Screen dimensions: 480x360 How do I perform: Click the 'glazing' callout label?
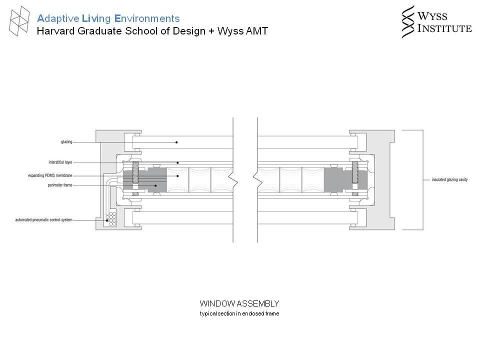(x=66, y=141)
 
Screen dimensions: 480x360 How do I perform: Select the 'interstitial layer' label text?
(x=60, y=162)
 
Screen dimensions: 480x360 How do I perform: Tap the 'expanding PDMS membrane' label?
(x=50, y=175)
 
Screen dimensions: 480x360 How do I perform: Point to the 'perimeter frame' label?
(x=60, y=185)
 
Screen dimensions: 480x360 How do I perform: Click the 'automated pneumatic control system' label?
(x=44, y=220)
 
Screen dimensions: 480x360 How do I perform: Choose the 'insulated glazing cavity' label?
(x=449, y=179)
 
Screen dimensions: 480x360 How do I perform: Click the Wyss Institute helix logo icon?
(x=408, y=21)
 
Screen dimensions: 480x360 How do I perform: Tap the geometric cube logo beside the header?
(x=19, y=21)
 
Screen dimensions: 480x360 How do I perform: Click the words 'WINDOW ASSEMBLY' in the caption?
(x=239, y=303)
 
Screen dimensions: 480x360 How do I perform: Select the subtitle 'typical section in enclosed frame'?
(x=239, y=313)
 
